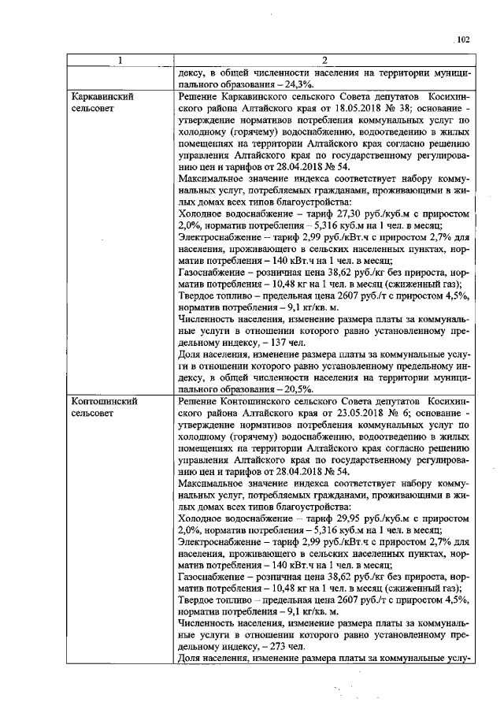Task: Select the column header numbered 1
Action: (x=120, y=61)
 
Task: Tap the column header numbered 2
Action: (x=324, y=61)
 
